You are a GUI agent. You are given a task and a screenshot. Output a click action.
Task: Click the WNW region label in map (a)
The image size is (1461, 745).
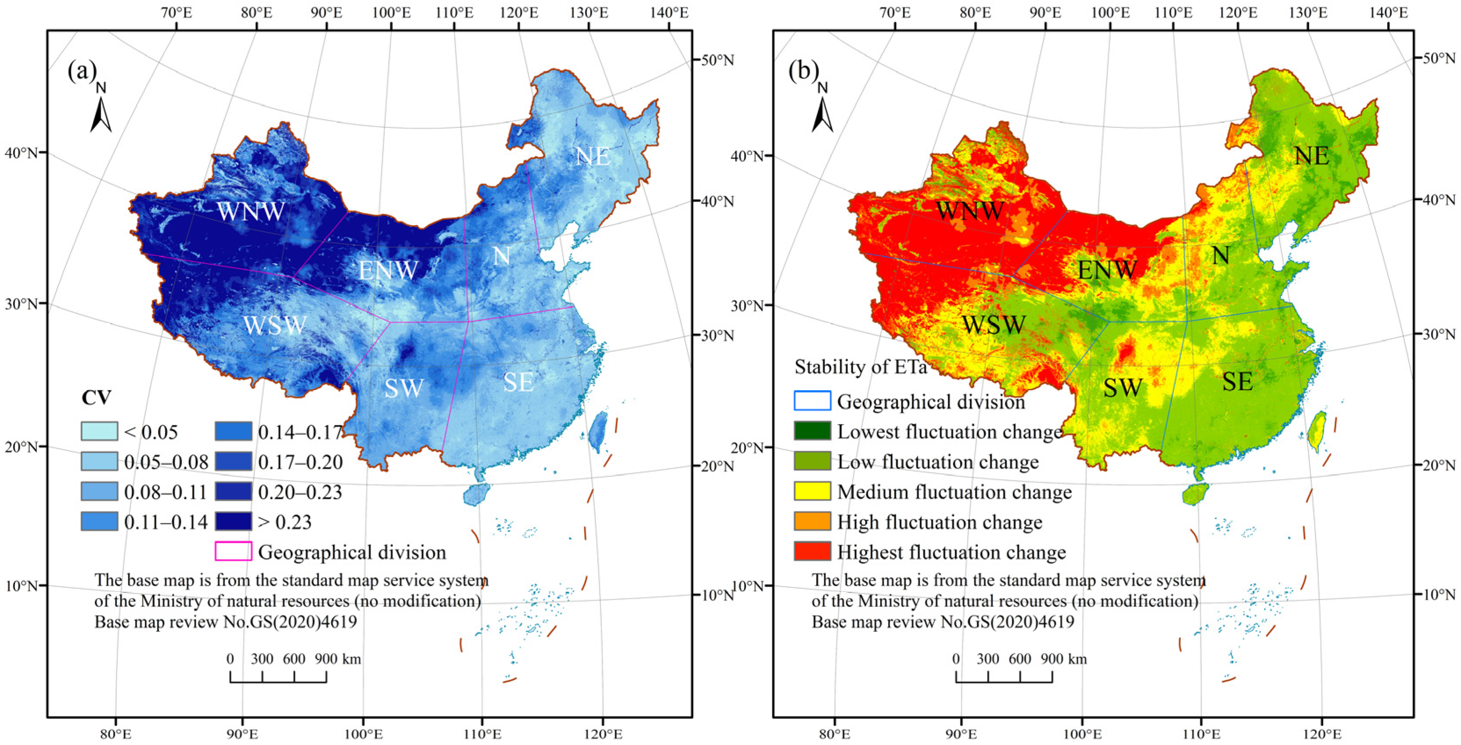point(251,212)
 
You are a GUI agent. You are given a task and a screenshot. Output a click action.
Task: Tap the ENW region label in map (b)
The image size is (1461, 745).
point(1107,270)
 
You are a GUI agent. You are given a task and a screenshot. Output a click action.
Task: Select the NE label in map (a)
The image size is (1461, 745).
point(593,156)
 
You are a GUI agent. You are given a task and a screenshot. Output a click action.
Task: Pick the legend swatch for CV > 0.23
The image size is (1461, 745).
point(233,521)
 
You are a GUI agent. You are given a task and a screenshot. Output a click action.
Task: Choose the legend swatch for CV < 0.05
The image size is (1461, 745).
point(99,432)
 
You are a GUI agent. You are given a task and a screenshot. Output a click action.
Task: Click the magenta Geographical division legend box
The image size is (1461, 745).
point(233,551)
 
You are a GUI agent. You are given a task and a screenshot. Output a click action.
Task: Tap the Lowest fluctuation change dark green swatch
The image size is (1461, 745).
point(812,431)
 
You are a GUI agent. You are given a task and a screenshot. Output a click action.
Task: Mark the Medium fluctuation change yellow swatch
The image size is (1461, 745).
point(812,491)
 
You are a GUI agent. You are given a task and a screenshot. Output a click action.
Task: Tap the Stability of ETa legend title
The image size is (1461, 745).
point(860,367)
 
